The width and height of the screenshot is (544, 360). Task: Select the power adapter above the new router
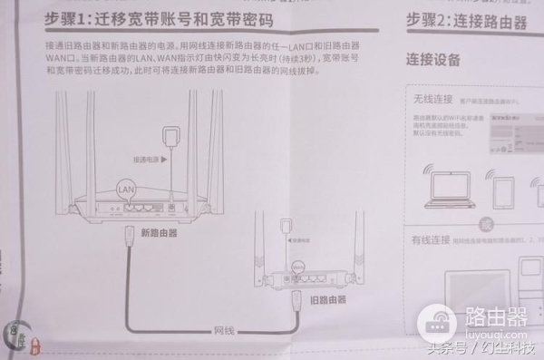(x=167, y=139)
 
